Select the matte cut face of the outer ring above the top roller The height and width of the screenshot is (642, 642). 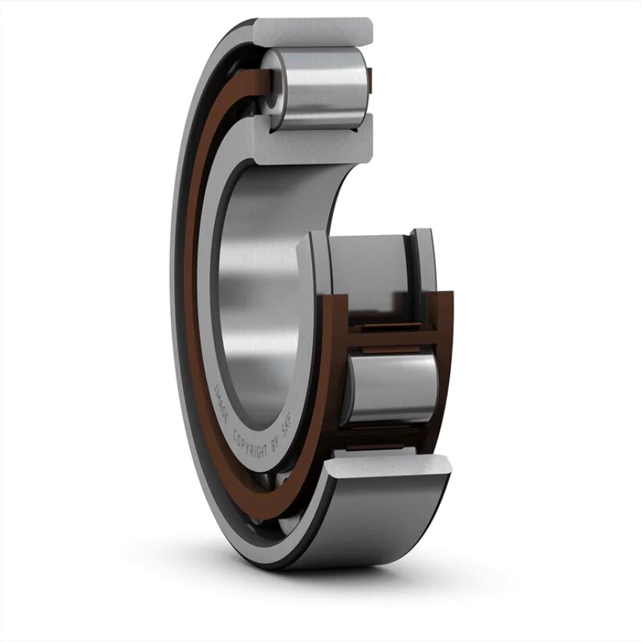(314, 30)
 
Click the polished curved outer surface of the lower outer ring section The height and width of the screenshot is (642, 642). (373, 523)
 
